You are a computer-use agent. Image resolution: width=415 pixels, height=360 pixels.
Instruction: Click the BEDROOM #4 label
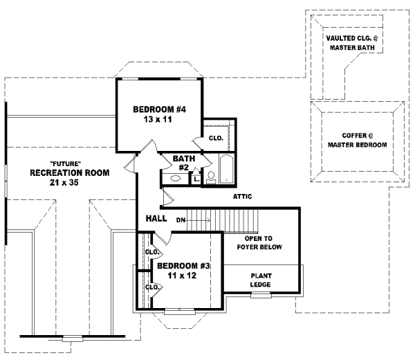pyautogui.click(x=154, y=109)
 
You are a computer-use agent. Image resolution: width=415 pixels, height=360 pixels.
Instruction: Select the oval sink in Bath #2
pyautogui.click(x=174, y=179)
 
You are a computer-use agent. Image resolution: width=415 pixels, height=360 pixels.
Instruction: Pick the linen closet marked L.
pyautogui.click(x=196, y=179)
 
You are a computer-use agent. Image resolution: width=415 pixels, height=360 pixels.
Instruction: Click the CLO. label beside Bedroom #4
pyautogui.click(x=216, y=138)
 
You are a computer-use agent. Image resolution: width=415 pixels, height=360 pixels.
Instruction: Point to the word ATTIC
pyautogui.click(x=242, y=197)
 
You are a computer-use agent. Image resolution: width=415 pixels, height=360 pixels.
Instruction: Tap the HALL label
pyautogui.click(x=155, y=219)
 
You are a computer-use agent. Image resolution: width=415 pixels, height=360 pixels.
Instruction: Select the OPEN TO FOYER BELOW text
pyautogui.click(x=262, y=243)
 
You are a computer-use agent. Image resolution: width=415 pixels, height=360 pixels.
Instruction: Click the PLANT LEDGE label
pyautogui.click(x=261, y=280)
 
